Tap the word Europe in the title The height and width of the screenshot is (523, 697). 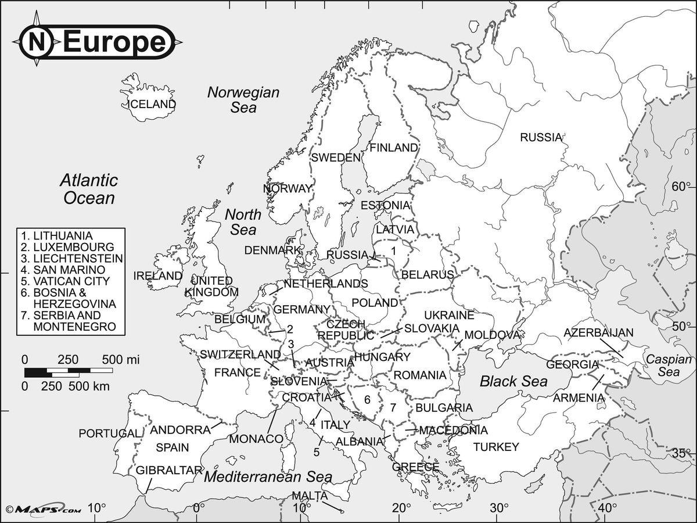pyautogui.click(x=113, y=42)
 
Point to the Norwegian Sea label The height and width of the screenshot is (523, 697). pyautogui.click(x=243, y=99)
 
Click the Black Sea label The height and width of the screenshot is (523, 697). pyautogui.click(x=513, y=381)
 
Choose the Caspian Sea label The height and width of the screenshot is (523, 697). pyautogui.click(x=670, y=366)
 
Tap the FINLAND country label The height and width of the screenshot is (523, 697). pyautogui.click(x=393, y=148)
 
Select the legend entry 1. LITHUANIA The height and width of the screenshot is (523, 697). pyautogui.click(x=56, y=236)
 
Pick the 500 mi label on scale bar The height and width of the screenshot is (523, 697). pyautogui.click(x=120, y=359)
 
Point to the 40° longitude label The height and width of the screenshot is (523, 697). pyautogui.click(x=607, y=508)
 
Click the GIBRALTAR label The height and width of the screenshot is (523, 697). pyautogui.click(x=168, y=470)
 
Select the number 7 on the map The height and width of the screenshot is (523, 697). pyautogui.click(x=393, y=407)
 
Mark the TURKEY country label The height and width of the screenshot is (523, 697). pyautogui.click(x=495, y=447)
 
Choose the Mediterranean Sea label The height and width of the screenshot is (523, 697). pyautogui.click(x=268, y=477)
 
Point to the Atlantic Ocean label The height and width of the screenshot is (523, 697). pyautogui.click(x=89, y=189)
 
